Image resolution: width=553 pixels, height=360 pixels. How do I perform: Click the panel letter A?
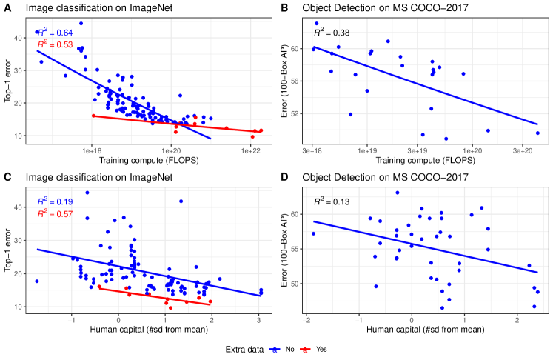7,7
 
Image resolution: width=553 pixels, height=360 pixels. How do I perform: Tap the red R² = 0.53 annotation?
52,46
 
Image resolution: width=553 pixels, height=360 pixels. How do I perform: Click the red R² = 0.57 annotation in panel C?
52,214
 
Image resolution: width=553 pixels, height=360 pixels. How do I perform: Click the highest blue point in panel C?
87,193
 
